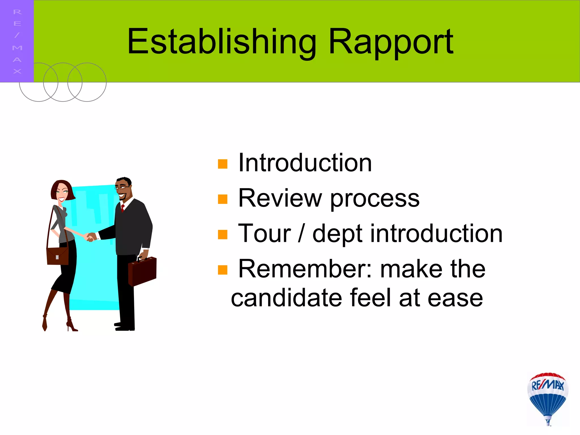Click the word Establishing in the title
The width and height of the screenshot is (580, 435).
[x=221, y=42]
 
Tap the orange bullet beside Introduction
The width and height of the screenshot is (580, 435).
[x=223, y=164]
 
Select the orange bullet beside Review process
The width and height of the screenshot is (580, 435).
[x=223, y=199]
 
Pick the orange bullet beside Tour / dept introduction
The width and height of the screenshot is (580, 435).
[x=223, y=234]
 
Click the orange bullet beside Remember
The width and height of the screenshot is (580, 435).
[x=223, y=270]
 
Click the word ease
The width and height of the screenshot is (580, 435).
[x=455, y=299]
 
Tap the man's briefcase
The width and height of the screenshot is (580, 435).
[x=142, y=271]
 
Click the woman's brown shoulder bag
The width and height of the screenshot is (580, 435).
[x=57, y=256]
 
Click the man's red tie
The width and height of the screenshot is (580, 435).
[x=123, y=208]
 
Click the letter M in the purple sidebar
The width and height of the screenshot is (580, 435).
[x=17, y=48]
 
